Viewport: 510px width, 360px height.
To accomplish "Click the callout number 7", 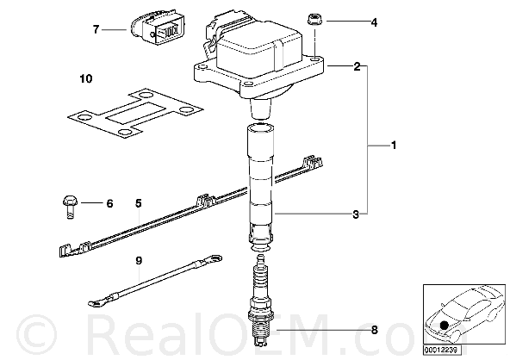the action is tap(96, 29).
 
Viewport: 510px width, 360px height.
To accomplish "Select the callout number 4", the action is tap(375, 22).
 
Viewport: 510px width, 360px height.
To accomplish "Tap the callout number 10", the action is tap(86, 78).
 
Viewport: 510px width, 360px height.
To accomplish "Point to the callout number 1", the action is tap(394, 145).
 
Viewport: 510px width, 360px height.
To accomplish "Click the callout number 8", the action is tap(375, 331).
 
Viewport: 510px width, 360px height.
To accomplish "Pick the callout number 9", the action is tap(139, 260).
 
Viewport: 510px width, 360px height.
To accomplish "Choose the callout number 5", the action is tap(139, 204).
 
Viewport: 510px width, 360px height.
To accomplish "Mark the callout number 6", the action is tap(109, 204).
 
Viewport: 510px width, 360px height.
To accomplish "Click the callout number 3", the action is tap(356, 214).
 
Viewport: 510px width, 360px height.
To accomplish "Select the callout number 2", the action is tap(357, 66).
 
